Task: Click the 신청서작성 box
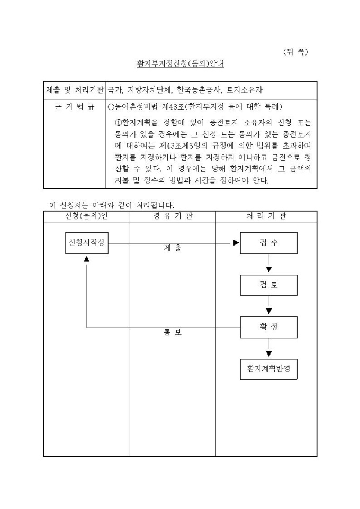pyautogui.click(x=87, y=243)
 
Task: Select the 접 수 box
pyautogui.click(x=268, y=243)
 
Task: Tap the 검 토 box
pyautogui.click(x=268, y=285)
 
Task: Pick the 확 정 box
pyautogui.click(x=268, y=327)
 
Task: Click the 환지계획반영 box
pyautogui.click(x=268, y=368)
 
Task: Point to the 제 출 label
pyautogui.click(x=173, y=248)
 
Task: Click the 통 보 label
pyautogui.click(x=173, y=333)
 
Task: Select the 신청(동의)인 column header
pyautogui.click(x=86, y=216)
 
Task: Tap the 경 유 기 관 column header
pyautogui.click(x=173, y=216)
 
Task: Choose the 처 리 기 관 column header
pyautogui.click(x=266, y=216)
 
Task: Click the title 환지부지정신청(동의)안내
pyautogui.click(x=180, y=65)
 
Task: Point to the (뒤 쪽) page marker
pyautogui.click(x=295, y=51)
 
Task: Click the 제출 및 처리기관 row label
pyautogui.click(x=75, y=90)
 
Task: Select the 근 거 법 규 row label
pyautogui.click(x=75, y=107)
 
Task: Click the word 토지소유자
pyautogui.click(x=245, y=90)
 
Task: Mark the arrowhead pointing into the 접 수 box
pyautogui.click(x=236, y=243)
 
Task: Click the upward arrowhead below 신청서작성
pyautogui.click(x=87, y=259)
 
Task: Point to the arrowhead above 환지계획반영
pyautogui.click(x=268, y=353)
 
